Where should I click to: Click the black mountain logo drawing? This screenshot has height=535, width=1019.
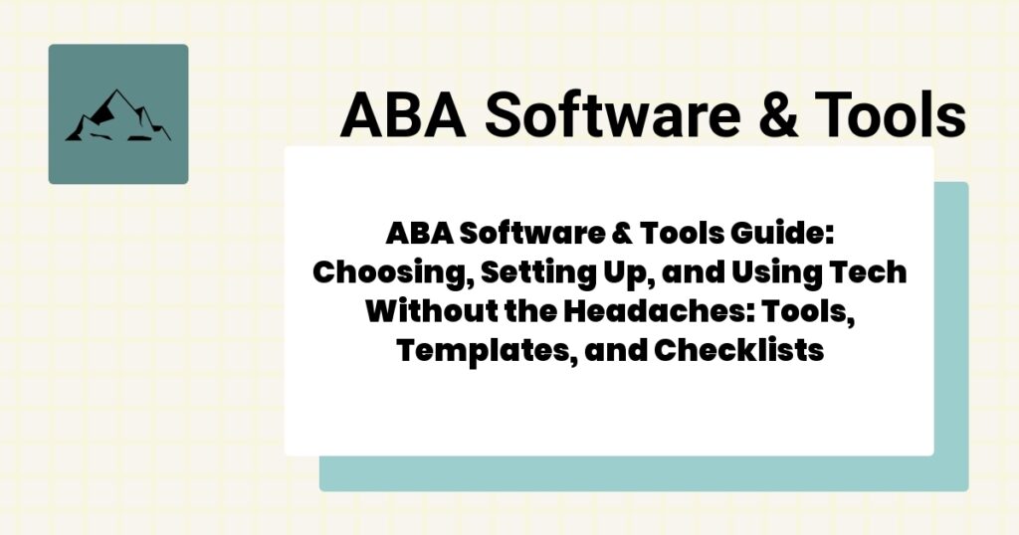117,114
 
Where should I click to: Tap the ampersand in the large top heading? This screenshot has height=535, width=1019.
772,115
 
